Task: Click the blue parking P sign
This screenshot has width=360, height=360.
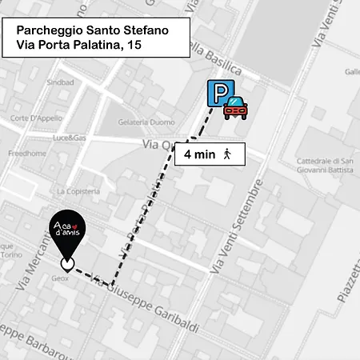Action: click(x=217, y=94)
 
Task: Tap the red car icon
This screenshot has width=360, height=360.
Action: click(x=235, y=107)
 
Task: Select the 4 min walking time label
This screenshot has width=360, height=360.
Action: click(x=199, y=154)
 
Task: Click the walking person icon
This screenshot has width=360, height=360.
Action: click(x=227, y=154)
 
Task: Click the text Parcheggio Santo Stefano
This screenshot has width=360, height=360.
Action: click(x=92, y=30)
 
